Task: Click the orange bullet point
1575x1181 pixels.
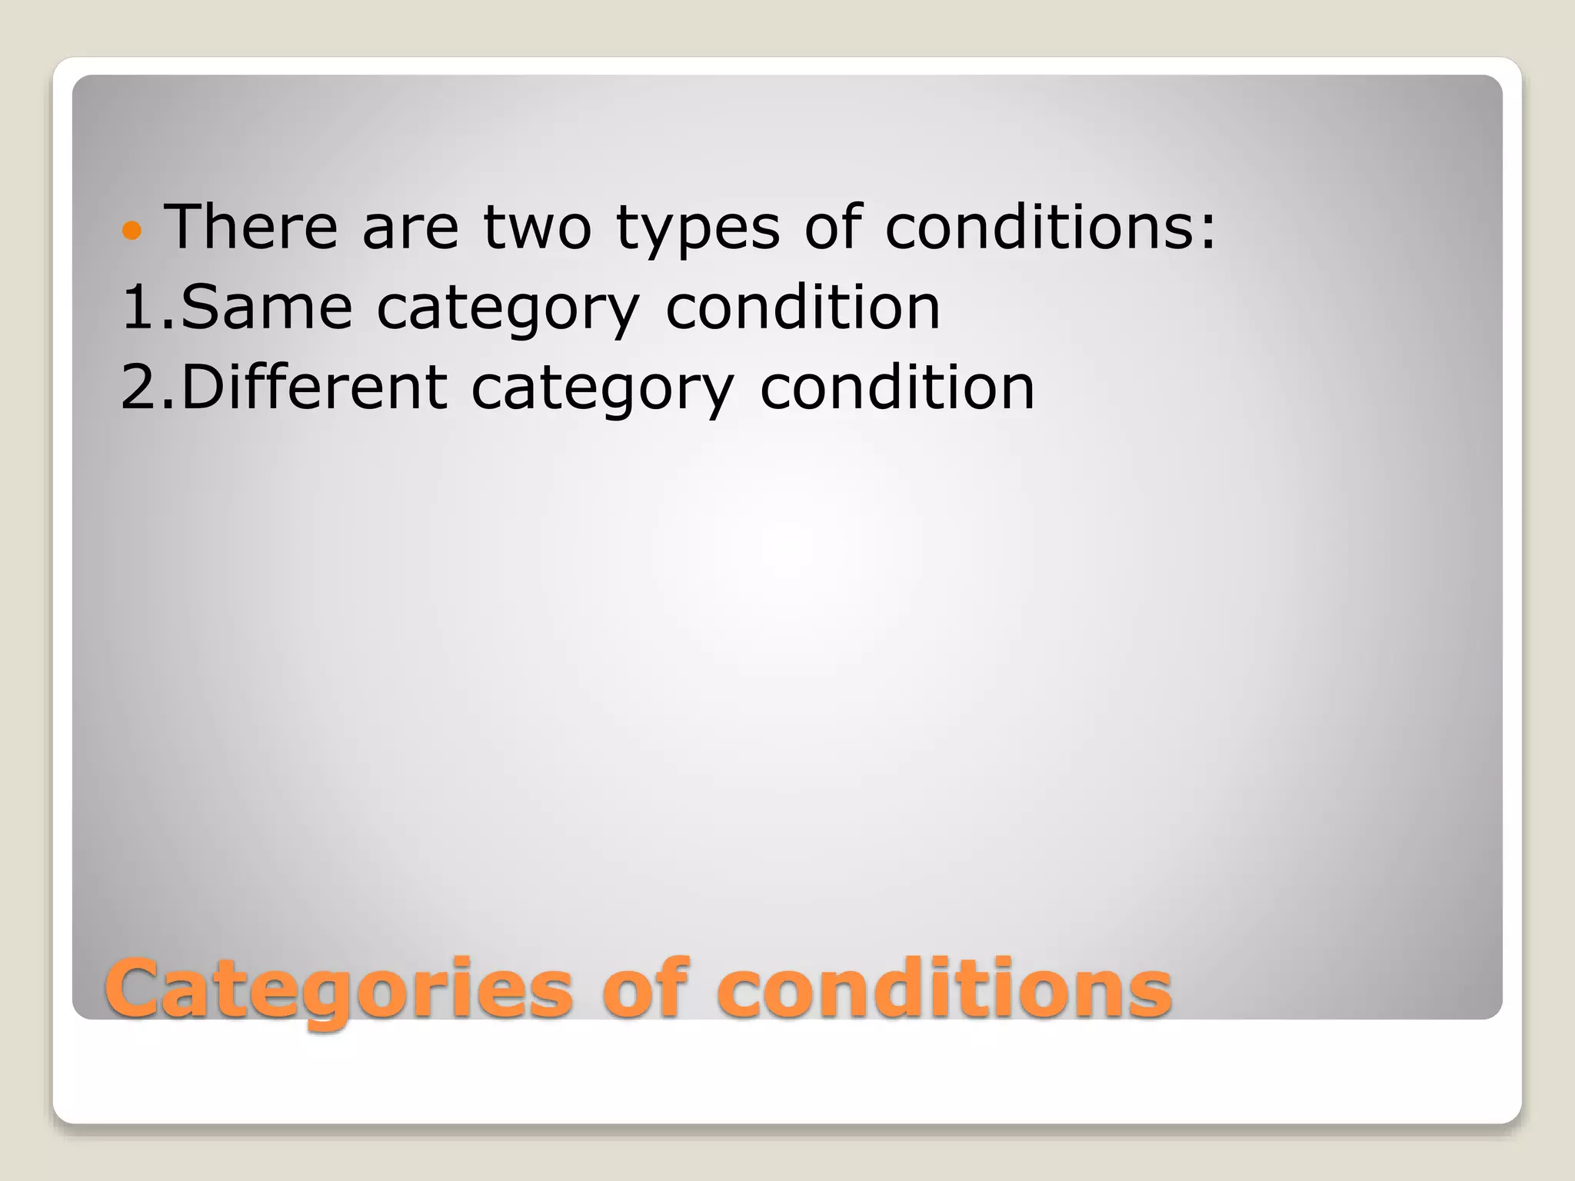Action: click(132, 230)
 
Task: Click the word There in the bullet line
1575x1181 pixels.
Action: click(251, 227)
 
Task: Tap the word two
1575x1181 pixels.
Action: click(537, 227)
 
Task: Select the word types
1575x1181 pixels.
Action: click(698, 231)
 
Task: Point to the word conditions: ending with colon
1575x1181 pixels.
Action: click(1051, 227)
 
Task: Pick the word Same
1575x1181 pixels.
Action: click(266, 307)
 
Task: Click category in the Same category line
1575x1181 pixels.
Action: click(508, 311)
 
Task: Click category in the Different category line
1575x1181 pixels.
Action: click(602, 391)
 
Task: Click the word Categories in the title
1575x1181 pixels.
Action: click(339, 990)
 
